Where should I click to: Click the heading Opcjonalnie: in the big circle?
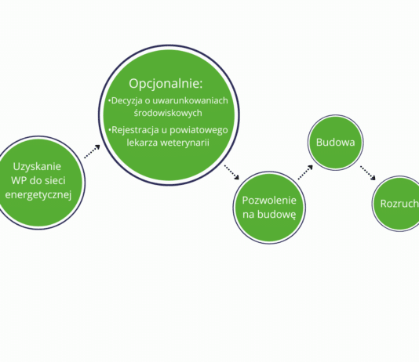166,84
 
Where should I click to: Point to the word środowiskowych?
168,113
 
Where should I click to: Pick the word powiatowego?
199,130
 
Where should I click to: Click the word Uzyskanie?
37,167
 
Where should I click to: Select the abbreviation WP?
18,180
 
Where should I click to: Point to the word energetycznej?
38,195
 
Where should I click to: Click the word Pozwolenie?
269,201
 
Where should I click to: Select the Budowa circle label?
335,142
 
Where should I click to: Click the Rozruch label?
399,204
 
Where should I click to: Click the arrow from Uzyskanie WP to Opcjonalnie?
92,151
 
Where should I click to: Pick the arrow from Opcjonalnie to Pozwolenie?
231,172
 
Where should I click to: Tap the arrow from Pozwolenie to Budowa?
305,172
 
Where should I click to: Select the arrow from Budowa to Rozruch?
368,173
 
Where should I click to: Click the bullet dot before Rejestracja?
110,130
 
